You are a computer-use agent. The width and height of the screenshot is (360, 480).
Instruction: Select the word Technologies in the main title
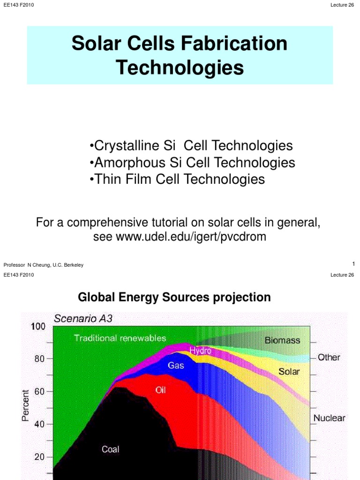coord(180,67)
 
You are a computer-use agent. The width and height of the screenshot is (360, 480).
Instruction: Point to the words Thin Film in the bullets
coord(121,179)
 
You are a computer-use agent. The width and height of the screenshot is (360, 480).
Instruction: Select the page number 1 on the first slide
coord(353,264)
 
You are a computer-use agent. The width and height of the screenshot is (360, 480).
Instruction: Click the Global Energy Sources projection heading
coord(174,297)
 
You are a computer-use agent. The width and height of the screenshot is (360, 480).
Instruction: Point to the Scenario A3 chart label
coord(83,318)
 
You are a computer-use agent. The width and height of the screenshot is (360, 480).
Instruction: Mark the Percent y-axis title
coord(26,405)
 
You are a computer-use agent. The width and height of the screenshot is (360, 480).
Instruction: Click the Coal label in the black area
coord(111,450)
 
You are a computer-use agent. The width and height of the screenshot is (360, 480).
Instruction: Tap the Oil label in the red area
coord(161,390)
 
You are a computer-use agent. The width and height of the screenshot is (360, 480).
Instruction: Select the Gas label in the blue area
coord(176,365)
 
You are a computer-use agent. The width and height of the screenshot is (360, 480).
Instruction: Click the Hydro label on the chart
coord(200,351)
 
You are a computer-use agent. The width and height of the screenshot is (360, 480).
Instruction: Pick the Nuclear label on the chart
coord(329,418)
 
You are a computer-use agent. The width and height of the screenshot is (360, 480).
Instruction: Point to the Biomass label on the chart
coord(282,341)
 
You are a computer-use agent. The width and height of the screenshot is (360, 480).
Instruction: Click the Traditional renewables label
coord(120,337)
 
